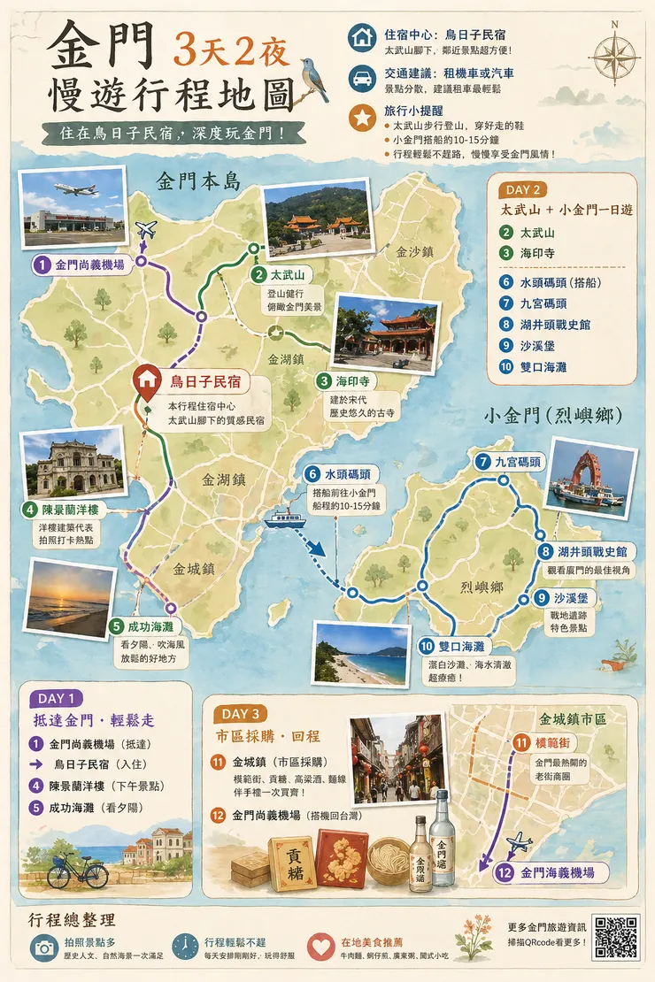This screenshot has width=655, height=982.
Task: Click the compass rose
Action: click(x=614, y=55)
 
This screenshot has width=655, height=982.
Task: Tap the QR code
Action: click(x=616, y=937)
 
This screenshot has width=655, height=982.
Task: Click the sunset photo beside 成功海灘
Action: click(x=69, y=599)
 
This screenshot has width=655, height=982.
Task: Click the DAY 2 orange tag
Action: click(x=527, y=189)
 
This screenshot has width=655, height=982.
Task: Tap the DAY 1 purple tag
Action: click(x=56, y=698)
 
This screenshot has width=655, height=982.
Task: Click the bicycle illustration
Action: click(x=77, y=871)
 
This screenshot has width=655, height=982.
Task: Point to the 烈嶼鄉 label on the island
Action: click(x=482, y=587)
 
